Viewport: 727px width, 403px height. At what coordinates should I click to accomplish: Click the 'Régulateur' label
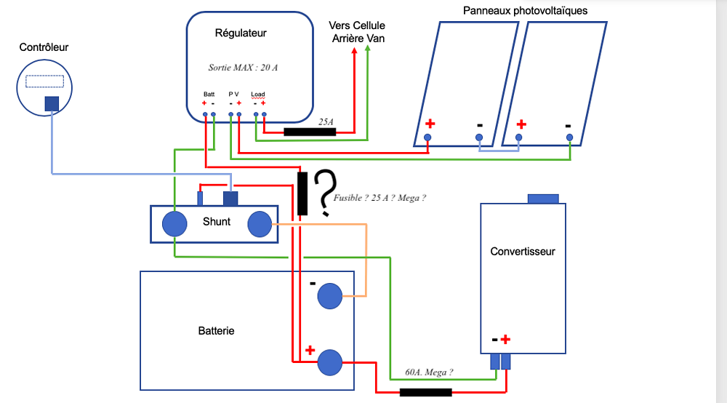241,33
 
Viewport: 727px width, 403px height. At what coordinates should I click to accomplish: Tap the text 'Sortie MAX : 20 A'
243,67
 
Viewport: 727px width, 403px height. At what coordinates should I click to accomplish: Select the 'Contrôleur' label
44,47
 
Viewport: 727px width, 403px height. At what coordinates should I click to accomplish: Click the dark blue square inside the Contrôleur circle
52,104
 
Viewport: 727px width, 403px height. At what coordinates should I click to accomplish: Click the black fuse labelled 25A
309,132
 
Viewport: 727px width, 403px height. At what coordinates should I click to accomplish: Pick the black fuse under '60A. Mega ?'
426,392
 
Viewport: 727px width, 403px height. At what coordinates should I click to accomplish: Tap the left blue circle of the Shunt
174,224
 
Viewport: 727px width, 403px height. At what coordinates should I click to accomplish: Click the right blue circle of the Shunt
260,225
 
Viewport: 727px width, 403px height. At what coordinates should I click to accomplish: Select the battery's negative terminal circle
329,295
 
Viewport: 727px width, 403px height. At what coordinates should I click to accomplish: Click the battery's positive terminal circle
329,362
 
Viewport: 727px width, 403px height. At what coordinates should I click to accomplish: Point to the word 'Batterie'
217,330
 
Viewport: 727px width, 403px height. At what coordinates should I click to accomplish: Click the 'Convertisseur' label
523,252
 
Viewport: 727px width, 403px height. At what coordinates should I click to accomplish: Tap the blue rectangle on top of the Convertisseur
542,199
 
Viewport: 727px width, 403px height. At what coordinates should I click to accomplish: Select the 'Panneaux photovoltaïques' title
526,11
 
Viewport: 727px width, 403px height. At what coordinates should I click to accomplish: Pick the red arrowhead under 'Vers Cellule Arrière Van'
355,51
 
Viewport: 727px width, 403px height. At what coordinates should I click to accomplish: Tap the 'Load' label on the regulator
258,95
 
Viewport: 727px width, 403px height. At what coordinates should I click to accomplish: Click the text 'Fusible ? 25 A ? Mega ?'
379,197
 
